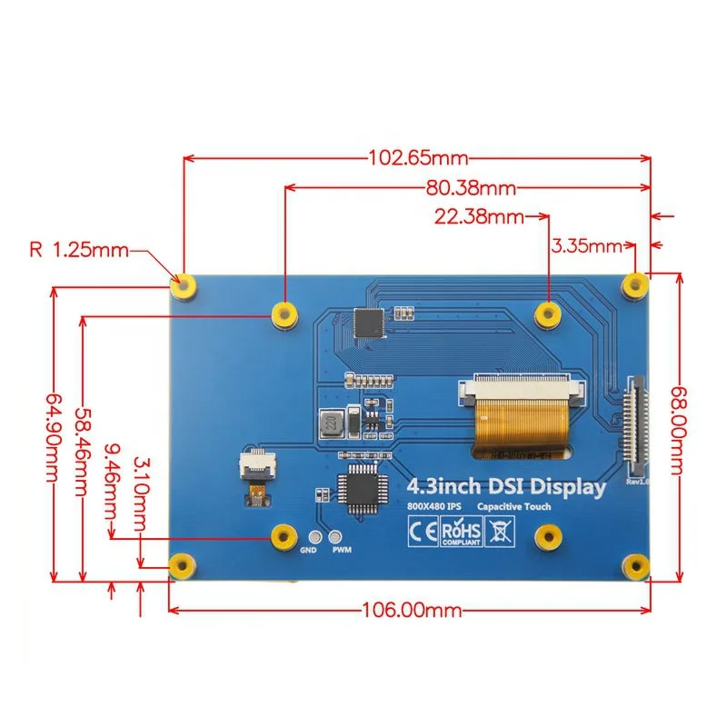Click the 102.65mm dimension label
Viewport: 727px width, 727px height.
(x=418, y=156)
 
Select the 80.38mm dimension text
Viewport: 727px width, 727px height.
(x=470, y=188)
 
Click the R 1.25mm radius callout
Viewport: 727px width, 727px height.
(x=78, y=249)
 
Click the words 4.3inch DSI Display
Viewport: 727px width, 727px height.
(x=506, y=486)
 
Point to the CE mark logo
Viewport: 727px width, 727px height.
(x=423, y=530)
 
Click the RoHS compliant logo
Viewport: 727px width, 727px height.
(x=460, y=531)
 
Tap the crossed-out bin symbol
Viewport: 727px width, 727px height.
(x=497, y=530)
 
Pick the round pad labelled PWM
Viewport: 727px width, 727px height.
(x=337, y=537)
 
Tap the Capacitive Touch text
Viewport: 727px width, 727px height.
(x=517, y=506)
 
